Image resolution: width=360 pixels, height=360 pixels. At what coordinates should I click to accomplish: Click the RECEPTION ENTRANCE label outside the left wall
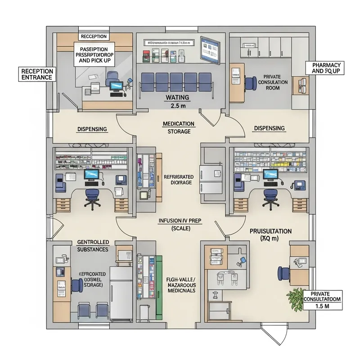37,74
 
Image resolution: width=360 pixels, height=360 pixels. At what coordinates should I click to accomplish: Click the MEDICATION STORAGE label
179,127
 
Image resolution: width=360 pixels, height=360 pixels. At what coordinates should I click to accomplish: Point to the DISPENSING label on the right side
269,128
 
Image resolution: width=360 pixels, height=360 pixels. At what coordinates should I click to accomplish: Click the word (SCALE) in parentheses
180,229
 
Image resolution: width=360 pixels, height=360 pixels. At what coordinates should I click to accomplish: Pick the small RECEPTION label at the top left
93,36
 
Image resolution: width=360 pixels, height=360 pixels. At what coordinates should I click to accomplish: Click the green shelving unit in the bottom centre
158,286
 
